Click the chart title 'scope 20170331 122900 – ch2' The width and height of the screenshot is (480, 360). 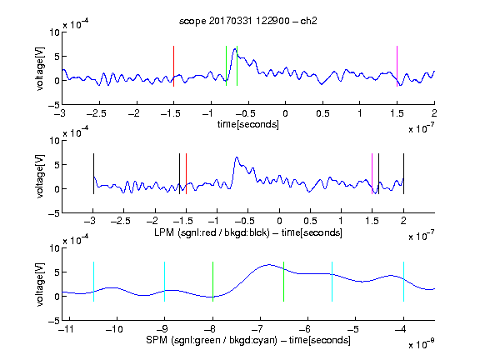tap(248, 21)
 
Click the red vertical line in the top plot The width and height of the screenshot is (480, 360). tap(173, 66)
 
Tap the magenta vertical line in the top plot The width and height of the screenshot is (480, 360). tap(397, 66)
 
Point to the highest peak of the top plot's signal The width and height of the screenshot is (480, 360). tap(235, 48)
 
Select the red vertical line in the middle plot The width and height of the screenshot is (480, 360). tap(186, 173)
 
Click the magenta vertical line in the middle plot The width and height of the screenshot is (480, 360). tap(372, 173)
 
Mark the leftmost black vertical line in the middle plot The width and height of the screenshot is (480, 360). tap(93, 173)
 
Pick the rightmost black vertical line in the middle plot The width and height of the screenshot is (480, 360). tap(403, 173)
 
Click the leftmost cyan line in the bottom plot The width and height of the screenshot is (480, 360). tap(93, 282)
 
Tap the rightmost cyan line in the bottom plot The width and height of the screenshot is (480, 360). tap(403, 282)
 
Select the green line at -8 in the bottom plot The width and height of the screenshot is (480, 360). tap(212, 282)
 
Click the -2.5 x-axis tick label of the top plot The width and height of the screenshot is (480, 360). tap(97, 113)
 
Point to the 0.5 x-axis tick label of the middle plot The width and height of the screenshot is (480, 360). tap(310, 221)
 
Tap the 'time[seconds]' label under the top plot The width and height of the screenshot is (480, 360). tap(248, 124)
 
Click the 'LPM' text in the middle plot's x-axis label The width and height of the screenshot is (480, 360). tap(164, 232)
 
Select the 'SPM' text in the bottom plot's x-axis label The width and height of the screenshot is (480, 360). tap(157, 340)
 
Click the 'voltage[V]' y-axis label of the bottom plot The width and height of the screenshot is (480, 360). tap(40, 284)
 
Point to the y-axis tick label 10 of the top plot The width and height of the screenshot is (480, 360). tap(54, 32)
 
